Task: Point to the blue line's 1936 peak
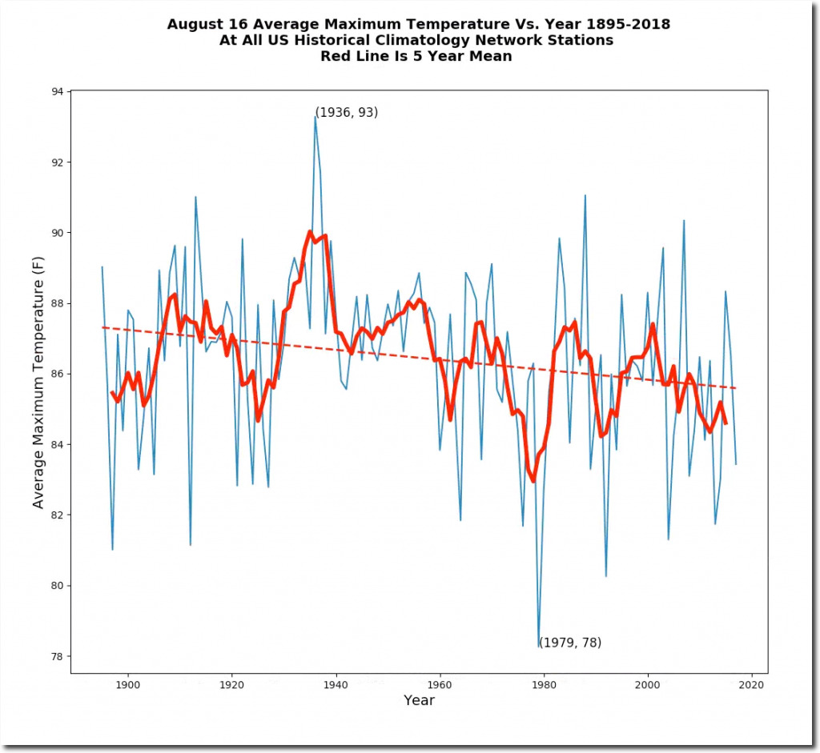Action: point(316,116)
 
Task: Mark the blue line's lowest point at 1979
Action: point(539,647)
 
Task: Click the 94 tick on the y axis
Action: point(70,92)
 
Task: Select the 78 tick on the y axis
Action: point(70,656)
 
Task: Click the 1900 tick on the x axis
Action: point(128,674)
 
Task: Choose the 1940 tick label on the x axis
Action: point(336,685)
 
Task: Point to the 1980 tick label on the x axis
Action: point(544,685)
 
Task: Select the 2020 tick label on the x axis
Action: point(751,685)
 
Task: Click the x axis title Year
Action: point(419,701)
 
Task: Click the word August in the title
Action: point(193,25)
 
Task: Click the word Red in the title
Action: point(336,56)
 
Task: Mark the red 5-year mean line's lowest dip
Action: point(533,481)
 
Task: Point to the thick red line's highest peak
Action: point(310,233)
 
